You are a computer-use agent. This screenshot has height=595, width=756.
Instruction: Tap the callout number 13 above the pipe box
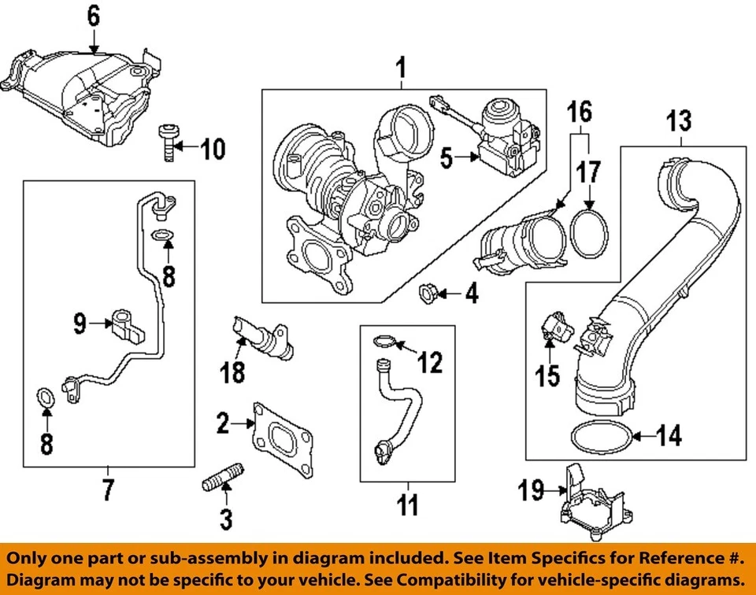point(679,122)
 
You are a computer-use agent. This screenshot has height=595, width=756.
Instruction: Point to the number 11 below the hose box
point(407,504)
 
